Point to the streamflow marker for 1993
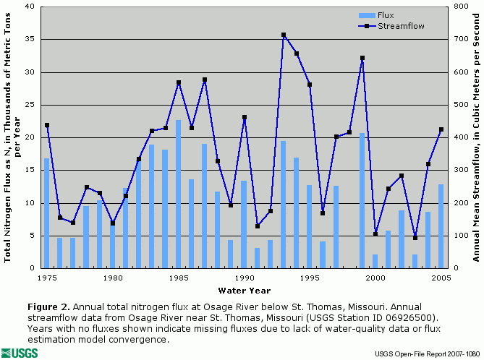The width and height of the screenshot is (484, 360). click(284, 35)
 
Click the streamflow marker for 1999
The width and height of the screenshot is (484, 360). click(362, 58)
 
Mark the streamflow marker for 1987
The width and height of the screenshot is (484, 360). click(205, 80)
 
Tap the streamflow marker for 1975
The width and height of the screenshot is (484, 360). click(47, 125)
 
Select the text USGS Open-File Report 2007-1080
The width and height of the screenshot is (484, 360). click(426, 353)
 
